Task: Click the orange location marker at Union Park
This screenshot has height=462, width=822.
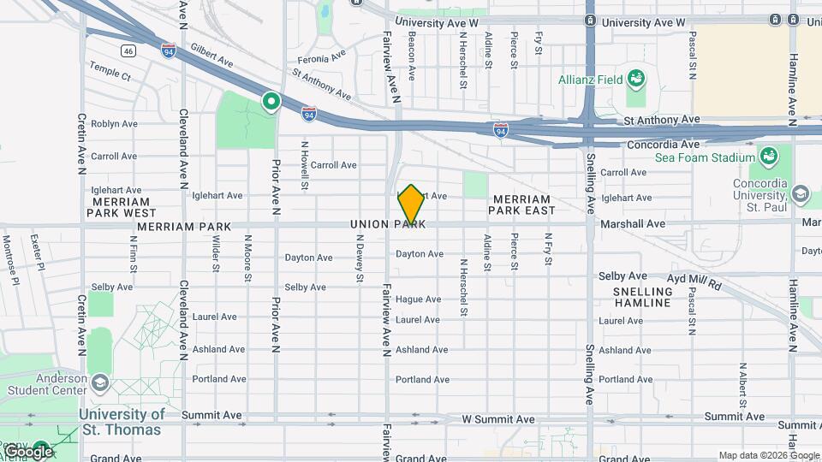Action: point(411,204)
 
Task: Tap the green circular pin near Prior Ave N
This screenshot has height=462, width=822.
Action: point(272,103)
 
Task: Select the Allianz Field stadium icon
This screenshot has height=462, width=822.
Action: point(636,80)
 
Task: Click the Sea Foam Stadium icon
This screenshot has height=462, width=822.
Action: point(768,157)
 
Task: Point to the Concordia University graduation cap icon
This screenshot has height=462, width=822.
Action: point(801,193)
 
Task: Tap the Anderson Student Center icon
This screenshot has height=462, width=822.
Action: point(100,382)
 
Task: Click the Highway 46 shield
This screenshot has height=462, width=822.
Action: point(128,51)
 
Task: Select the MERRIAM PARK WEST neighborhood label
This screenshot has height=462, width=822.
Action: point(121,206)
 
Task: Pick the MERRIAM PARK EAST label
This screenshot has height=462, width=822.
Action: point(521,204)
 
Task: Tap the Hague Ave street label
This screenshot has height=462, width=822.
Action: point(419,299)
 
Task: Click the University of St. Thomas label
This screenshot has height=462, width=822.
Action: point(121,422)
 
